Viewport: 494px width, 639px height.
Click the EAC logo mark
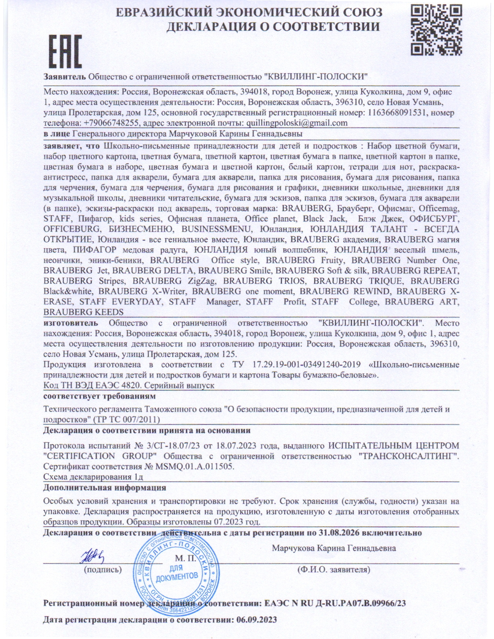pos(65,51)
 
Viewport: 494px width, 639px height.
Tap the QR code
pos(436,29)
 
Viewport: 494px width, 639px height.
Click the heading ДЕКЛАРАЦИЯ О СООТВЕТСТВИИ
pos(273,26)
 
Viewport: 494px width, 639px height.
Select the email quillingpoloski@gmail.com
pos(294,123)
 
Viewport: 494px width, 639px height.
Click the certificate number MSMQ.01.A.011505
pos(195,466)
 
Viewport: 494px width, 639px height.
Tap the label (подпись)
pos(103,570)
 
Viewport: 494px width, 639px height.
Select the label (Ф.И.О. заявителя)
pos(333,570)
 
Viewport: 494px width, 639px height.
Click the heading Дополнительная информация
pos(105,487)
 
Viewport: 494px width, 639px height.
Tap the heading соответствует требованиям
pos(100,396)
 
